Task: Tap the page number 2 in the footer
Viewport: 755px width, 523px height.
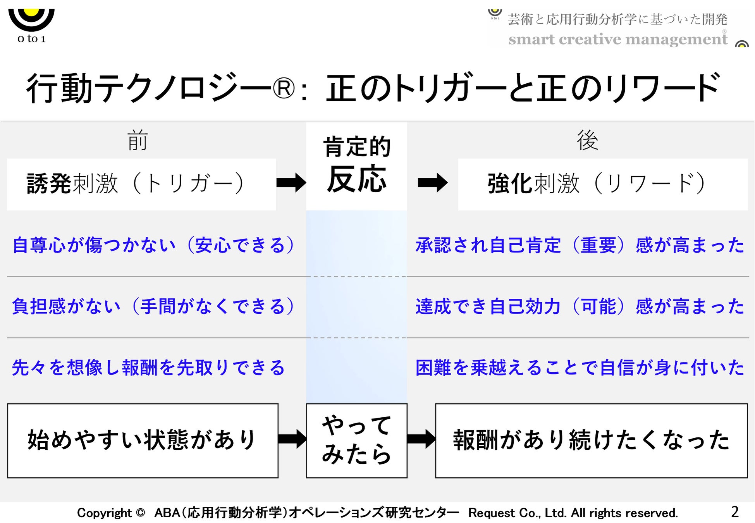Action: tap(734, 512)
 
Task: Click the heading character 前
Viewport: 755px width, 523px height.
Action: tap(138, 140)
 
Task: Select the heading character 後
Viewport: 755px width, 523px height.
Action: tap(587, 140)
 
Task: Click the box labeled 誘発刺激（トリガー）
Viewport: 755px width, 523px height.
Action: tap(141, 184)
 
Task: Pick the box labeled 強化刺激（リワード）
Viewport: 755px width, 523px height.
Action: tap(602, 184)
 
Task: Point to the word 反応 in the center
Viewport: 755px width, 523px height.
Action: tap(356, 179)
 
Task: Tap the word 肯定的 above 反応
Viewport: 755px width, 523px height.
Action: tap(356, 146)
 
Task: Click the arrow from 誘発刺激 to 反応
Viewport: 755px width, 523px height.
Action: tap(291, 182)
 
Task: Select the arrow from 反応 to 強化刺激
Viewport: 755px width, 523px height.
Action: tap(432, 182)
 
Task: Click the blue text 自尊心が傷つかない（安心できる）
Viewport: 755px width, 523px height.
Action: tap(153, 245)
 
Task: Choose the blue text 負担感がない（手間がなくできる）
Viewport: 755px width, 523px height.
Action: tap(153, 306)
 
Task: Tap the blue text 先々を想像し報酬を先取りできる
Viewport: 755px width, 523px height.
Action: tap(148, 367)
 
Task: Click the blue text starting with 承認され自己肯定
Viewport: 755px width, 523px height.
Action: tap(580, 245)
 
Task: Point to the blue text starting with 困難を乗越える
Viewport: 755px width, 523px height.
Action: tap(580, 367)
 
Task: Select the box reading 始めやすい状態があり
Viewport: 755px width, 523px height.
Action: tap(143, 440)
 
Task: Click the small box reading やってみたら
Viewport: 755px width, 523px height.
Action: tap(356, 440)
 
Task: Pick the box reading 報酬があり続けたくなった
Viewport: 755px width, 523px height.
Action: tap(591, 440)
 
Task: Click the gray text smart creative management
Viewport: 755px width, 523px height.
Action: tap(617, 39)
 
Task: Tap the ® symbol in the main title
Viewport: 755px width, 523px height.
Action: tap(284, 89)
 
